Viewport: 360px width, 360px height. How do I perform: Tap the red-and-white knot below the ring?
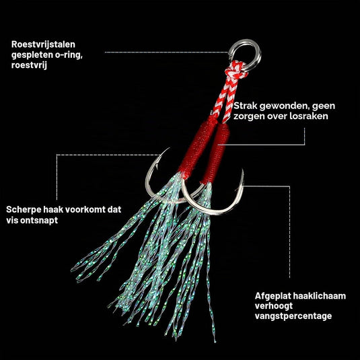tap(236, 71)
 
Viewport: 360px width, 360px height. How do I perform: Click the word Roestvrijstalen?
tap(43, 44)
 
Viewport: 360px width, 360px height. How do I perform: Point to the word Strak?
tap(245, 106)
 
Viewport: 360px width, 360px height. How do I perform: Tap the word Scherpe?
tap(24, 210)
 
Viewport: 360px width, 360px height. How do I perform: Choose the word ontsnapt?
tap(39, 221)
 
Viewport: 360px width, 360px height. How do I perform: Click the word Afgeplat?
tap(271, 296)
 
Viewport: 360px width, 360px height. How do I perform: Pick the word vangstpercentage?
tap(293, 316)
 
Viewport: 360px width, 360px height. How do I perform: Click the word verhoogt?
tap(274, 306)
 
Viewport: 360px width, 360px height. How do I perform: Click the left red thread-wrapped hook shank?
tap(198, 147)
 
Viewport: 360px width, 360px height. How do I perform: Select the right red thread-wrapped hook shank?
tap(215, 153)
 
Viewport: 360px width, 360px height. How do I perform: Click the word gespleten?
tap(32, 55)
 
